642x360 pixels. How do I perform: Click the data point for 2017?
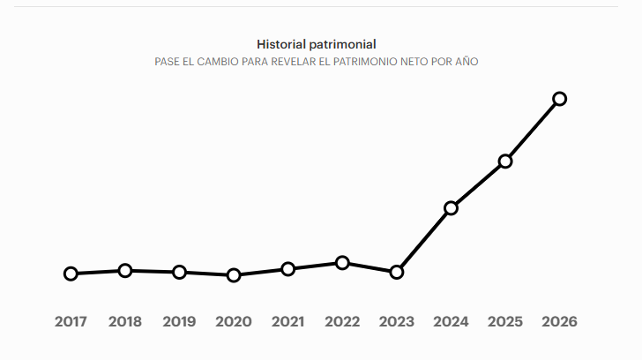coord(71,274)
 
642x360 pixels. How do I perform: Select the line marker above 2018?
coord(125,270)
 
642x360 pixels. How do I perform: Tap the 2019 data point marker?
coord(179,272)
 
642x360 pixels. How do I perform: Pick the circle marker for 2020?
coord(234,275)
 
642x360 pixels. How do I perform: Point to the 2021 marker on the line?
coord(287,268)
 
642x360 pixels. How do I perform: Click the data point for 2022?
coord(342,262)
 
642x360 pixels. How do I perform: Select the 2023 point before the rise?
coord(397,272)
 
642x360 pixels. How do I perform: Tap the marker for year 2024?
coord(451,208)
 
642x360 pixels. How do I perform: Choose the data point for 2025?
coord(505,161)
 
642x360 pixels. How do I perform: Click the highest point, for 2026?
coord(559,98)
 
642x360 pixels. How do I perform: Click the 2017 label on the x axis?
coord(71,322)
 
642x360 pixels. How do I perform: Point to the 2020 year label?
coord(234,322)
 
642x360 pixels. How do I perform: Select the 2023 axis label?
coord(397,322)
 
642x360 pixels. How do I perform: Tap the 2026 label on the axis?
coord(559,322)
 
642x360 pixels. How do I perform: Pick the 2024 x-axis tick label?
coord(451,322)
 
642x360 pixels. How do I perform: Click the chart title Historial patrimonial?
coord(317,43)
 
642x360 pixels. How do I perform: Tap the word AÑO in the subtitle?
coord(466,63)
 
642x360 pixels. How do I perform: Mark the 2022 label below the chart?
coord(342,322)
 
